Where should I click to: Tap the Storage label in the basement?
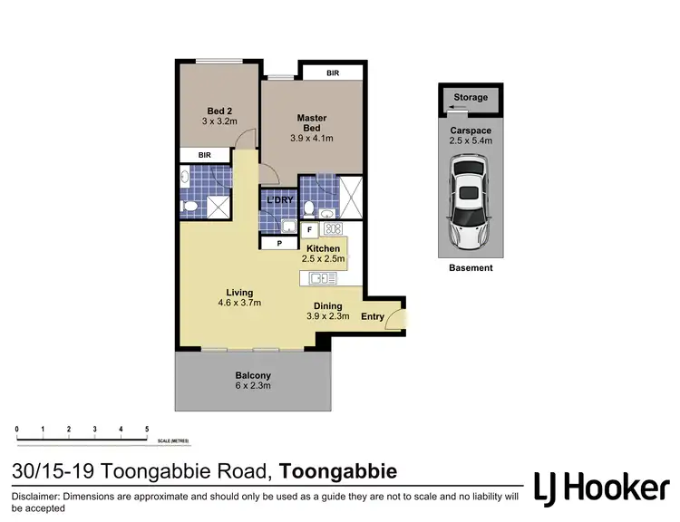[471, 97]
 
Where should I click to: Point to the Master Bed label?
[312, 123]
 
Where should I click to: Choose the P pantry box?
[279, 243]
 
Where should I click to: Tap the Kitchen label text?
[323, 248]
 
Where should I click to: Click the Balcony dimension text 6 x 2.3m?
[253, 386]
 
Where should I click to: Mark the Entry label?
[373, 316]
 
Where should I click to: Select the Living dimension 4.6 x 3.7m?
[239, 304]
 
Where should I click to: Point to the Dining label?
[327, 305]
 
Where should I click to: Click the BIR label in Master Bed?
[333, 72]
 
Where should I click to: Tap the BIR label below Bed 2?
[205, 156]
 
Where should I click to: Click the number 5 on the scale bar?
[147, 428]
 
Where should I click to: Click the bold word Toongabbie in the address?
[338, 472]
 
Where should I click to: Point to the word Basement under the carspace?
[471, 268]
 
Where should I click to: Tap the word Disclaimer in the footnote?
[39, 498]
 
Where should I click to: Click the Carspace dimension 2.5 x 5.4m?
[471, 140]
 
